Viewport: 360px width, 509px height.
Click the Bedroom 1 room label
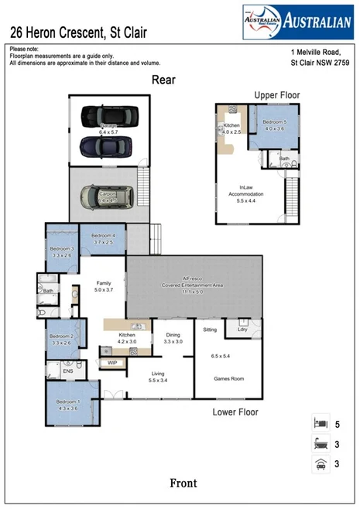(x=67, y=405)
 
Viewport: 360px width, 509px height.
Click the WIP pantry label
(x=112, y=362)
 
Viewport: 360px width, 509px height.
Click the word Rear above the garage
(x=163, y=80)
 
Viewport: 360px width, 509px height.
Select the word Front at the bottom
(x=183, y=483)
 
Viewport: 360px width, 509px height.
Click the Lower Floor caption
(x=235, y=412)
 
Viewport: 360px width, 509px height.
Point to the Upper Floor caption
(x=276, y=94)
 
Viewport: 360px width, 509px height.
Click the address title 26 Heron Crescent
(x=77, y=33)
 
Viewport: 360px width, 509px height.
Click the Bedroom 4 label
(x=103, y=238)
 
